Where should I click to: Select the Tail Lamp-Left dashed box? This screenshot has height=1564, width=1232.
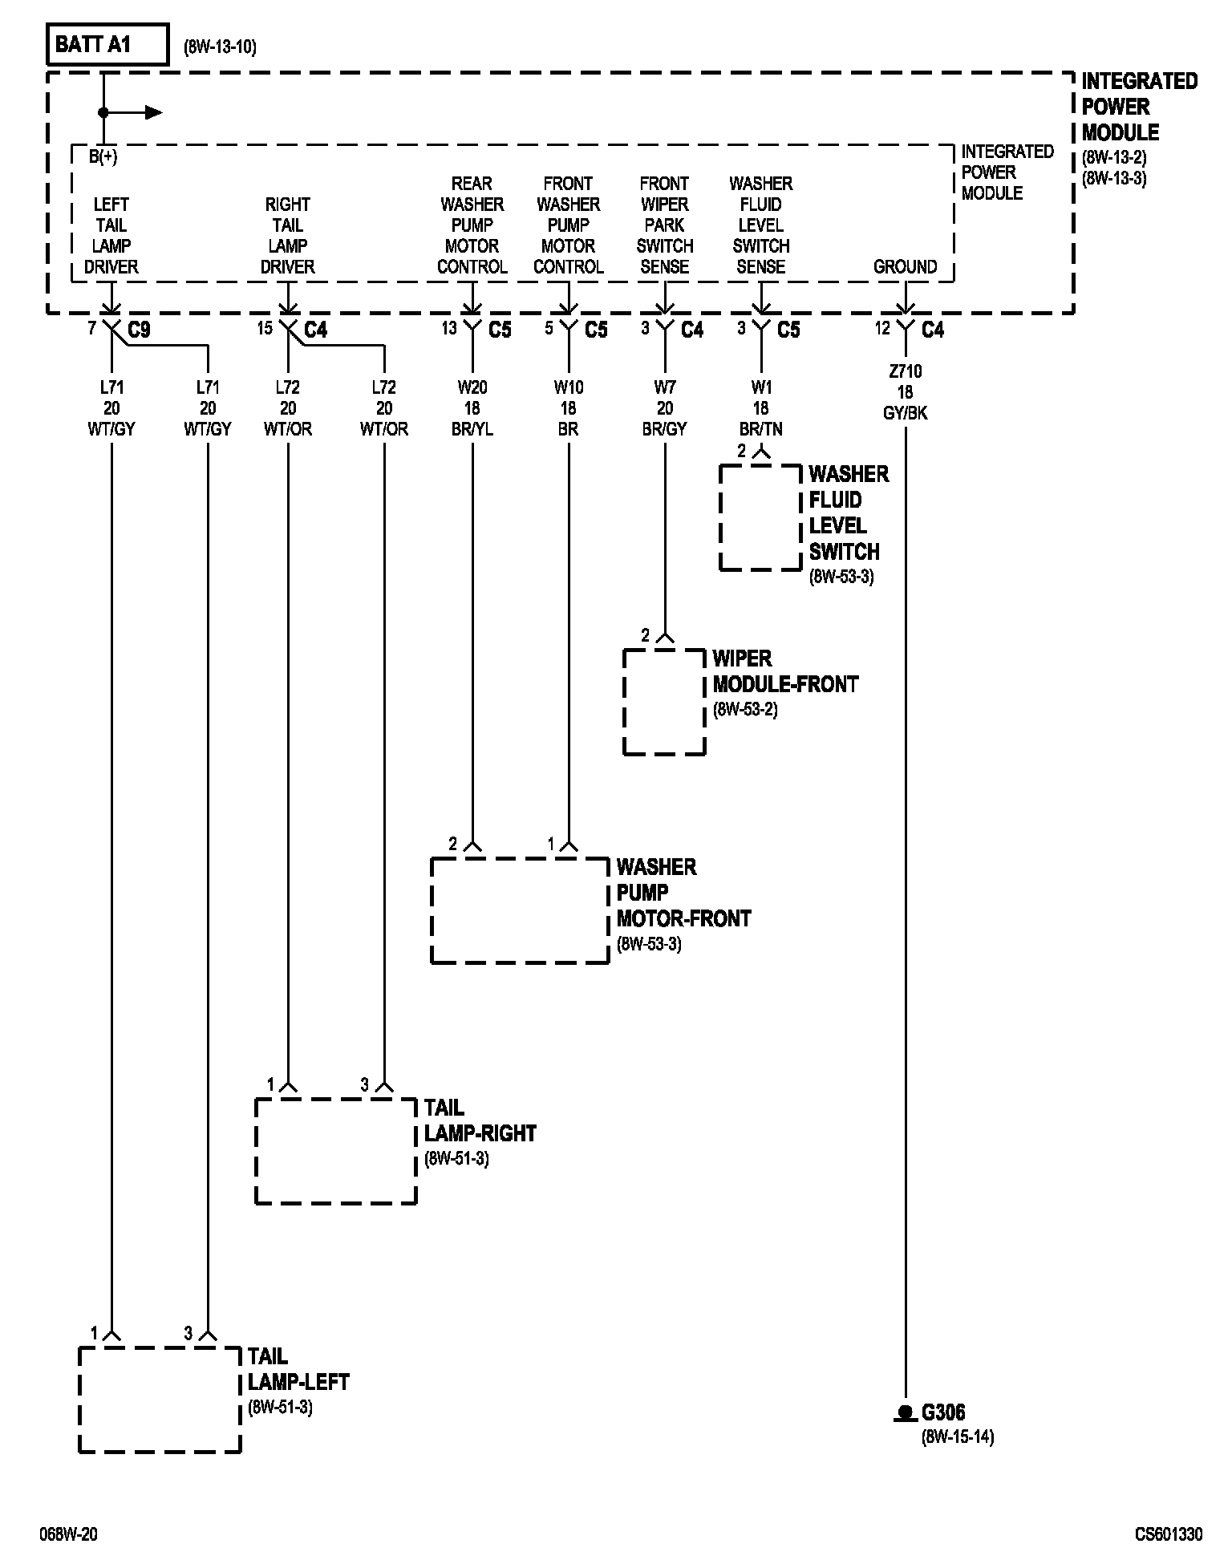(x=160, y=1400)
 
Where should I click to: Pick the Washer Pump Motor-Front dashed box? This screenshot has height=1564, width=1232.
(x=520, y=910)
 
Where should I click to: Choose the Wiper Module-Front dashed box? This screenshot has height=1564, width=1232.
(x=664, y=702)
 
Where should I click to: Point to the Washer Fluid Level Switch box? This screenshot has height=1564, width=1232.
(x=760, y=517)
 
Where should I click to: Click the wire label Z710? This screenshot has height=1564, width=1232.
(x=905, y=371)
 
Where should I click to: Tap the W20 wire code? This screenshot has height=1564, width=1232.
(x=472, y=387)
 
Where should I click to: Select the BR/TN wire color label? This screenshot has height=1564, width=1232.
(x=760, y=429)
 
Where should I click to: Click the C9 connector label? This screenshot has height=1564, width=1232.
(x=139, y=330)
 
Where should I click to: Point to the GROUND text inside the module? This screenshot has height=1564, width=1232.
(x=905, y=267)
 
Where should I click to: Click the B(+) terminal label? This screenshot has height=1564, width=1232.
(x=103, y=157)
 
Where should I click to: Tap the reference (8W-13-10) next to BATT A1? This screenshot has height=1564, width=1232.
(x=220, y=47)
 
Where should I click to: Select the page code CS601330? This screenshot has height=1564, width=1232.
(x=1168, y=1534)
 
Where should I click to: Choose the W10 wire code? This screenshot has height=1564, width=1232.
(x=568, y=387)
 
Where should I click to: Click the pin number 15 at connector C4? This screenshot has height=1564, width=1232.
(x=265, y=328)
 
